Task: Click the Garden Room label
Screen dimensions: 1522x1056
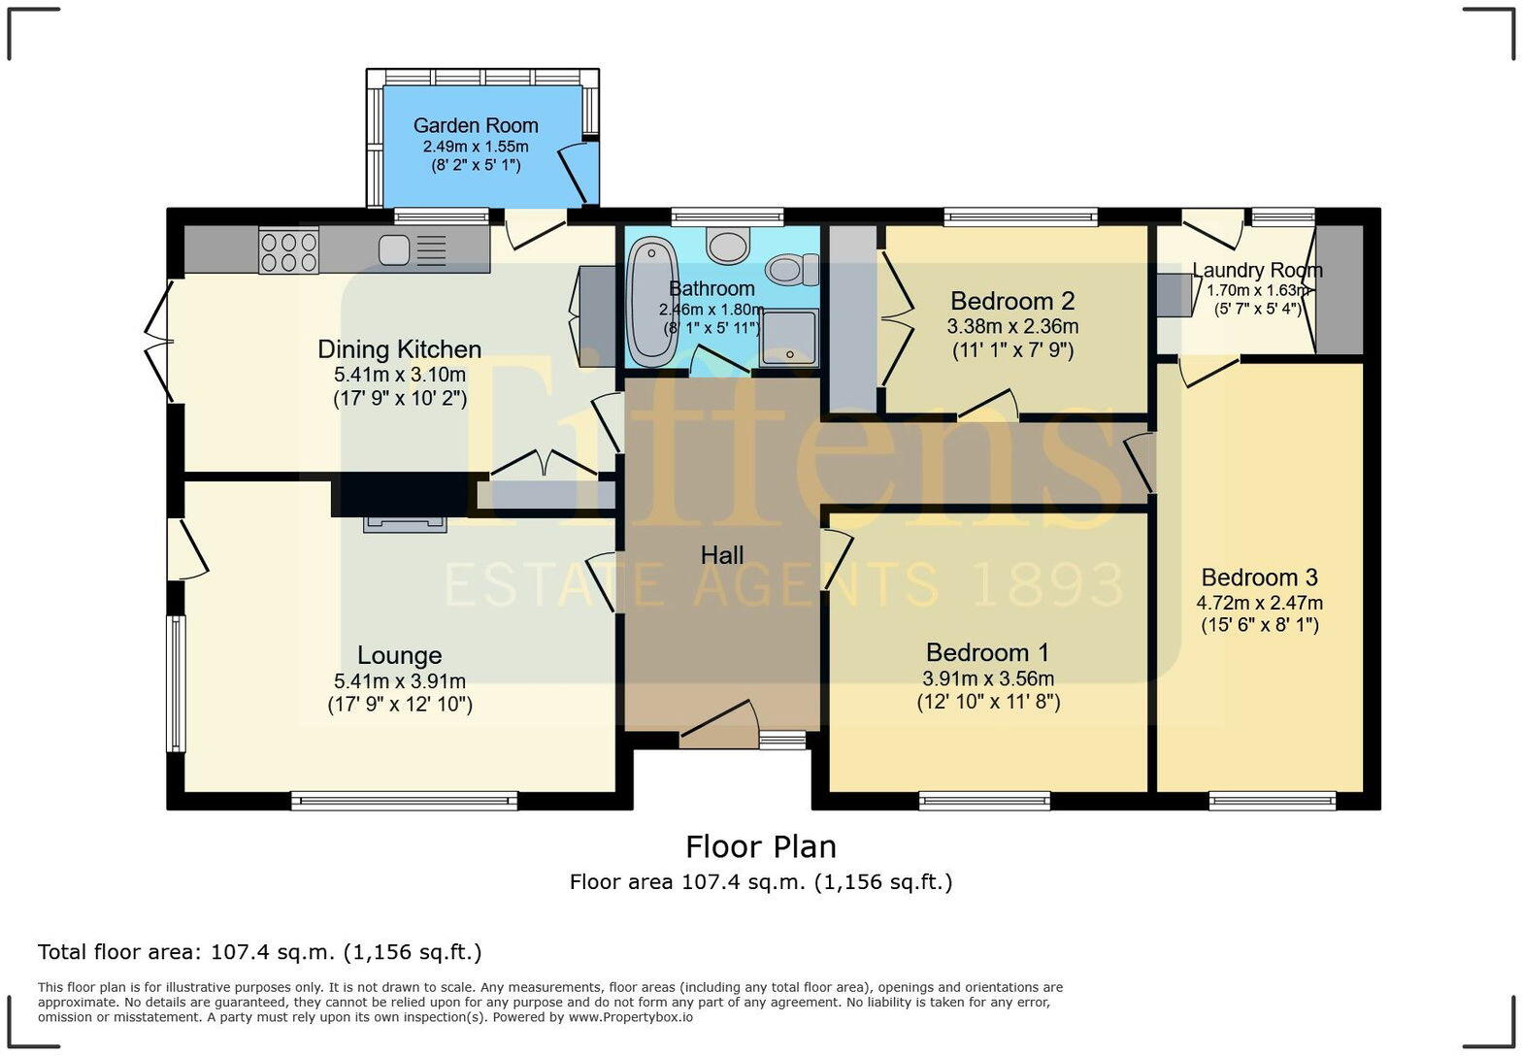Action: (x=476, y=126)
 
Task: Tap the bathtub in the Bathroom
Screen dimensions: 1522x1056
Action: (x=652, y=302)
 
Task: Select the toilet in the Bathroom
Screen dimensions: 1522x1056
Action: (x=793, y=269)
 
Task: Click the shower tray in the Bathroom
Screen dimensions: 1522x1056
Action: (x=789, y=338)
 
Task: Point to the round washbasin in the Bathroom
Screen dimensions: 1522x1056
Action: (x=728, y=246)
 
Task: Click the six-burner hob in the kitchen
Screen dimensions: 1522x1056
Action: (x=289, y=250)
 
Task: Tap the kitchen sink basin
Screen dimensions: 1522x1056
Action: (x=394, y=250)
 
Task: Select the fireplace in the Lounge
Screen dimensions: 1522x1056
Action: (x=405, y=524)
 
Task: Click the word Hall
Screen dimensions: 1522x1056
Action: (x=721, y=555)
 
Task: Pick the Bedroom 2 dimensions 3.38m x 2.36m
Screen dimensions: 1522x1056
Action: (x=1012, y=326)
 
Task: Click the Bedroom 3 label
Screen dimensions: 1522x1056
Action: (x=1259, y=577)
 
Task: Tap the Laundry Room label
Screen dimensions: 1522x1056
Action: (x=1257, y=271)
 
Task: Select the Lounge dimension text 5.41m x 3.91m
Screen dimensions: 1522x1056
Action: (x=400, y=681)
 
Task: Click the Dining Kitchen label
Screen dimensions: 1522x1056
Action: (x=400, y=349)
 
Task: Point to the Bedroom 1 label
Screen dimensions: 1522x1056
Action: (x=987, y=652)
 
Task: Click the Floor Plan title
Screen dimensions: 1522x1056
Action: (x=761, y=846)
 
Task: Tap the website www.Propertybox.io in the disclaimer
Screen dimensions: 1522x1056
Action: (x=631, y=1017)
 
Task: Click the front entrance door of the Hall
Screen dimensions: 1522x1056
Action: (x=719, y=724)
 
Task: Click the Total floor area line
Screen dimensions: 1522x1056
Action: (x=259, y=952)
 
